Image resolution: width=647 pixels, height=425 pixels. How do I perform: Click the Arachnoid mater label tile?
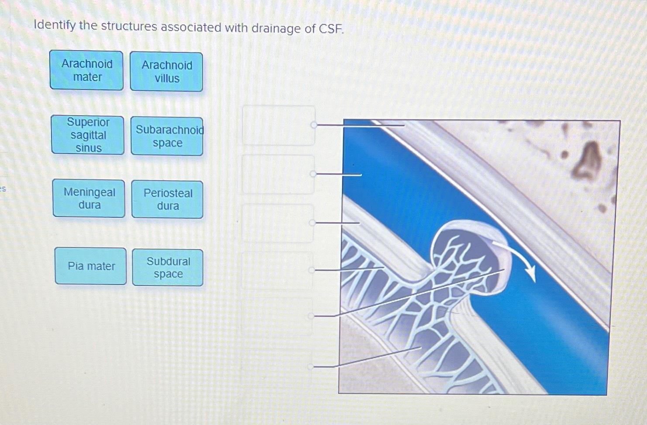tap(86, 70)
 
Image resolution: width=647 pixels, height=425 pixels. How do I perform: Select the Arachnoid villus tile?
tap(166, 72)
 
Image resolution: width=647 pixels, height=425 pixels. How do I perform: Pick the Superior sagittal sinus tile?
tap(88, 135)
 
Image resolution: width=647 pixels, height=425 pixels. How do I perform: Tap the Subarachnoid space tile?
tap(167, 136)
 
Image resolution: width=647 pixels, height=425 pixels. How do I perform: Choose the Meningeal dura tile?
tap(89, 199)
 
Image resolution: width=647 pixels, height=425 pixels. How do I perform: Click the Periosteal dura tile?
tap(168, 199)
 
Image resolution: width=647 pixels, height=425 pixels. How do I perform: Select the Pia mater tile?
tap(91, 266)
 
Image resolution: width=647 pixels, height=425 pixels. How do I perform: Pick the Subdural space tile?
tap(168, 267)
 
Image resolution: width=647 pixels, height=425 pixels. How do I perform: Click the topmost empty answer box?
tap(279, 125)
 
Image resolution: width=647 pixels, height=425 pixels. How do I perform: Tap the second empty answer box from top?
tap(278, 174)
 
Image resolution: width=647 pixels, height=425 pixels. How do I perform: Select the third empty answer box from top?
tap(278, 223)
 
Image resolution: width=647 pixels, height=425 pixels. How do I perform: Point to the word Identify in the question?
tap(55, 25)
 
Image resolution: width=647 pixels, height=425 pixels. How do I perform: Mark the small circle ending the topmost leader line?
tap(313, 125)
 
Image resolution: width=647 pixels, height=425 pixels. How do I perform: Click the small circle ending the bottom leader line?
tap(310, 367)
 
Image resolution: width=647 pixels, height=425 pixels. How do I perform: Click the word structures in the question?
tap(129, 27)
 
